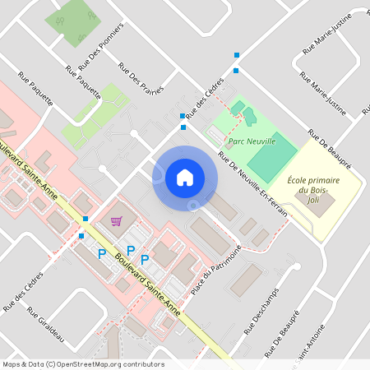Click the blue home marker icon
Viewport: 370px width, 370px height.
pyautogui.click(x=185, y=177)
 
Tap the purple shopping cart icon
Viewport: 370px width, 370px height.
pyautogui.click(x=116, y=221)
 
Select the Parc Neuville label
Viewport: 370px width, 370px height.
pyautogui.click(x=251, y=141)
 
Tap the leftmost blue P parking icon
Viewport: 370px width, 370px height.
pyautogui.click(x=102, y=255)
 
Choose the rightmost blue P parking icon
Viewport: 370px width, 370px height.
pyautogui.click(x=145, y=260)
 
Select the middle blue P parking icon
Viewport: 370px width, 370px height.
pyautogui.click(x=130, y=250)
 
